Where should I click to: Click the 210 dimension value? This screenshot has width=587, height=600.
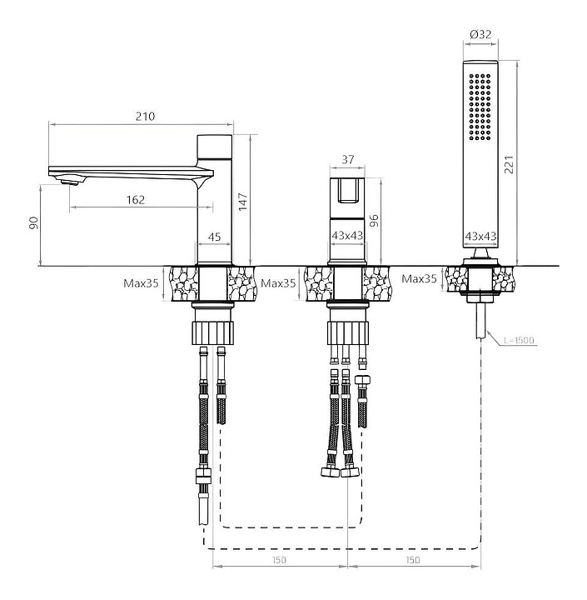click(x=145, y=117)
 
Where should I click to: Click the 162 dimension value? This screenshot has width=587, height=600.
click(x=137, y=200)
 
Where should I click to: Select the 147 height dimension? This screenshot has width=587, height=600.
click(x=243, y=201)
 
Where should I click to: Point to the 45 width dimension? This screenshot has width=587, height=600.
click(x=213, y=237)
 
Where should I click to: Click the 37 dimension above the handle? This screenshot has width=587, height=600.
click(x=348, y=159)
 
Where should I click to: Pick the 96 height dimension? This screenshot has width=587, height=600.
click(x=374, y=221)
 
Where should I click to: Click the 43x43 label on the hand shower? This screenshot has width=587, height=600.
click(x=480, y=237)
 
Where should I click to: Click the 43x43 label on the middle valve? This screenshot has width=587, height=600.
click(x=348, y=237)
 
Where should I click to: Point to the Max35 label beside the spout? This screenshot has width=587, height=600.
click(x=141, y=283)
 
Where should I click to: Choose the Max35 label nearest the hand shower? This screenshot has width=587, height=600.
click(x=420, y=278)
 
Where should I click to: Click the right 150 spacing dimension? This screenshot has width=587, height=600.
click(x=413, y=560)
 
